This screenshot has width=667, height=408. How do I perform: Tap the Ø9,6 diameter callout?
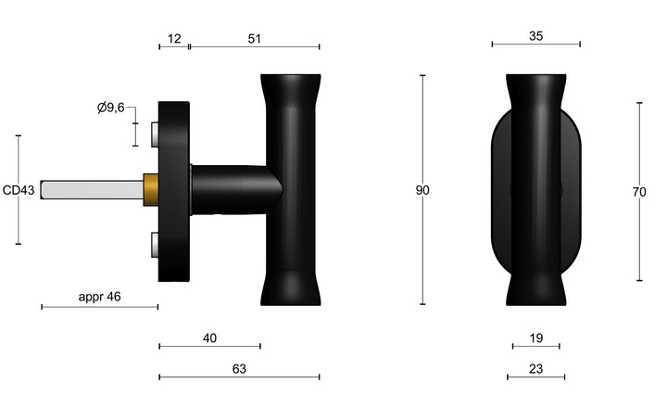coord(111,108)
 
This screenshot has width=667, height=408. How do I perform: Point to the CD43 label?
coord(19,191)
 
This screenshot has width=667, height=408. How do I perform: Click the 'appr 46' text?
coord(99,298)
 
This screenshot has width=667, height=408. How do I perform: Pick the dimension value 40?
coord(209,338)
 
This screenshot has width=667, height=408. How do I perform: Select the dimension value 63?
coord(239,369)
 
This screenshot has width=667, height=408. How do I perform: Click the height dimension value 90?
coord(422,191)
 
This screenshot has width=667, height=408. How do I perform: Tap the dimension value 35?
coord(535,36)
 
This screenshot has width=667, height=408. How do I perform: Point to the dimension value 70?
coord(638,192)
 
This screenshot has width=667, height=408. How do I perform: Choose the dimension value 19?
coord(536,338)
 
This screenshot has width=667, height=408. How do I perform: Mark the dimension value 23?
coord(536,369)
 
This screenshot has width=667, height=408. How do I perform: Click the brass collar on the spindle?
coord(149,190)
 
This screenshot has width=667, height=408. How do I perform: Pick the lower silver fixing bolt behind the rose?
coord(153,245)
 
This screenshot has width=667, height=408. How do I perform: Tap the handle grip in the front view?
coord(535,190)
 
